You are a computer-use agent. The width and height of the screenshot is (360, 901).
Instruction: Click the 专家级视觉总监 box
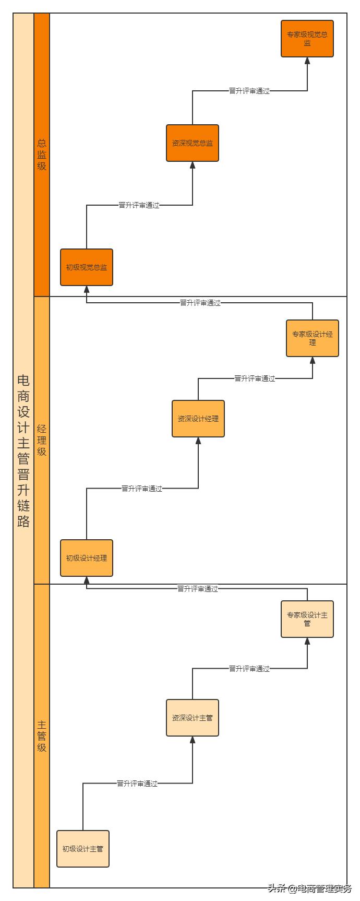pos(307,39)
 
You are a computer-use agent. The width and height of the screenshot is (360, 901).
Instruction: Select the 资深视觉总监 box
pos(193,143)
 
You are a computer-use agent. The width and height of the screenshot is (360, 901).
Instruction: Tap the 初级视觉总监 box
pos(87,267)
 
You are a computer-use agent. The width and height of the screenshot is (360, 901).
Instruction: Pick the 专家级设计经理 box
pos(312,338)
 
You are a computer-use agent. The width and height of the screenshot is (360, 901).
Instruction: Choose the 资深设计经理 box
pos(198,419)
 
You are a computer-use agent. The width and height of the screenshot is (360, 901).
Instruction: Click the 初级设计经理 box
pos(87,558)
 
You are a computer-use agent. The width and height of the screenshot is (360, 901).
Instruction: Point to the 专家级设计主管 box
pos(307,619)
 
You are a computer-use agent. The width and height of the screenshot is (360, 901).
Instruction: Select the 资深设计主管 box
pos(193,718)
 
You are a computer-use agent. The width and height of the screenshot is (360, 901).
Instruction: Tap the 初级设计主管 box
pos(83,849)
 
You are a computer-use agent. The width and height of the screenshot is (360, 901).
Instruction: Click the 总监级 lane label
pos(42,155)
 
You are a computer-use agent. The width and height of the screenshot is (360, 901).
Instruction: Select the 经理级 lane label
pos(42,440)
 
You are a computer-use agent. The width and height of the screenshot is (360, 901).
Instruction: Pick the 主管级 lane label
pos(42,736)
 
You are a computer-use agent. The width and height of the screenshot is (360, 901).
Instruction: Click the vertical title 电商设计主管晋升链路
pos(23,450)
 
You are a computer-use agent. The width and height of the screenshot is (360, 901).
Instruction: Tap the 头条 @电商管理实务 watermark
pos(310,888)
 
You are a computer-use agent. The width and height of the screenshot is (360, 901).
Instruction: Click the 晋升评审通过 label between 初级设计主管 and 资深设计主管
pos(137,784)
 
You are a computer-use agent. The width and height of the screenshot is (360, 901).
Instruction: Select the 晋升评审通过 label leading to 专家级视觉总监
pos(249,91)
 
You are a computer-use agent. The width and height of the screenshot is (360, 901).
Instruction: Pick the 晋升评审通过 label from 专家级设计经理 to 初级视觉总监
pos(200,303)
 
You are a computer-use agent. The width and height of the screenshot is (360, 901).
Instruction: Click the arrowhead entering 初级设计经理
pos(87,580)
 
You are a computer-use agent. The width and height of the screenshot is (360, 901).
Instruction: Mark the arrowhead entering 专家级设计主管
pos(307,642)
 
